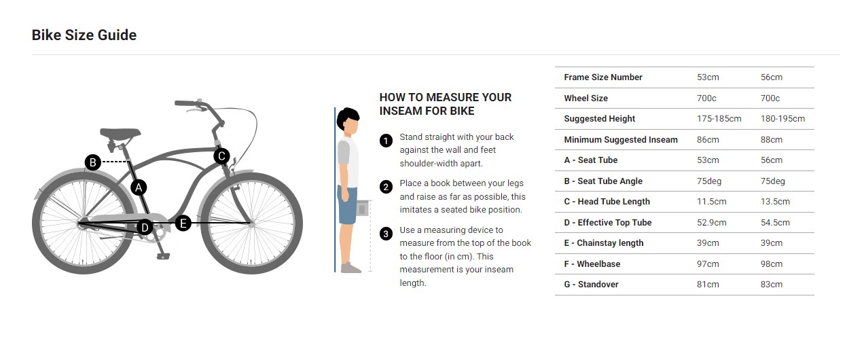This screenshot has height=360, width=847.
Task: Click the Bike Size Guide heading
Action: (x=84, y=35)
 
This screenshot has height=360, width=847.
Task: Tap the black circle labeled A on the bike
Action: (x=139, y=187)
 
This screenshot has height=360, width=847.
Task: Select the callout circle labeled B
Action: (x=92, y=162)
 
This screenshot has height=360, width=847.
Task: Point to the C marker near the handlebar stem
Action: (x=221, y=156)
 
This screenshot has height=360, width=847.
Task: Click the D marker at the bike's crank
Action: (x=145, y=228)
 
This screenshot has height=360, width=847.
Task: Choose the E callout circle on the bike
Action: (x=183, y=223)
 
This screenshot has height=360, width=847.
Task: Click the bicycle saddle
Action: (x=120, y=133)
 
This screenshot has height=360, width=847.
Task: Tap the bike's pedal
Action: (x=163, y=257)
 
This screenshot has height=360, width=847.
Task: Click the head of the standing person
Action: (x=348, y=121)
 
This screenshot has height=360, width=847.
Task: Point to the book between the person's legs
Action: (x=362, y=209)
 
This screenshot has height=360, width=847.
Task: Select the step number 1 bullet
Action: (x=386, y=141)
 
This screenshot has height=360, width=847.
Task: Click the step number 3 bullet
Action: (x=386, y=234)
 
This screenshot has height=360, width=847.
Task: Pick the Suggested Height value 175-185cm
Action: (x=719, y=119)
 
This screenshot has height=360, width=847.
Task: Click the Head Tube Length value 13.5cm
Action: (x=775, y=202)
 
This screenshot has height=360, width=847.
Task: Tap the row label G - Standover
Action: (x=591, y=285)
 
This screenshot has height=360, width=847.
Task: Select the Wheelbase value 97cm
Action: (x=708, y=264)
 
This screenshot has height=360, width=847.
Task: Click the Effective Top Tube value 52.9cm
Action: (x=712, y=223)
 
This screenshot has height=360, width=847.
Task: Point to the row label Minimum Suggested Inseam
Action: (x=621, y=139)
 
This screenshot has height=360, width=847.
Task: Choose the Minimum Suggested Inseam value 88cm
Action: (x=772, y=139)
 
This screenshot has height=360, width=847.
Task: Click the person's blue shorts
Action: (x=347, y=204)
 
